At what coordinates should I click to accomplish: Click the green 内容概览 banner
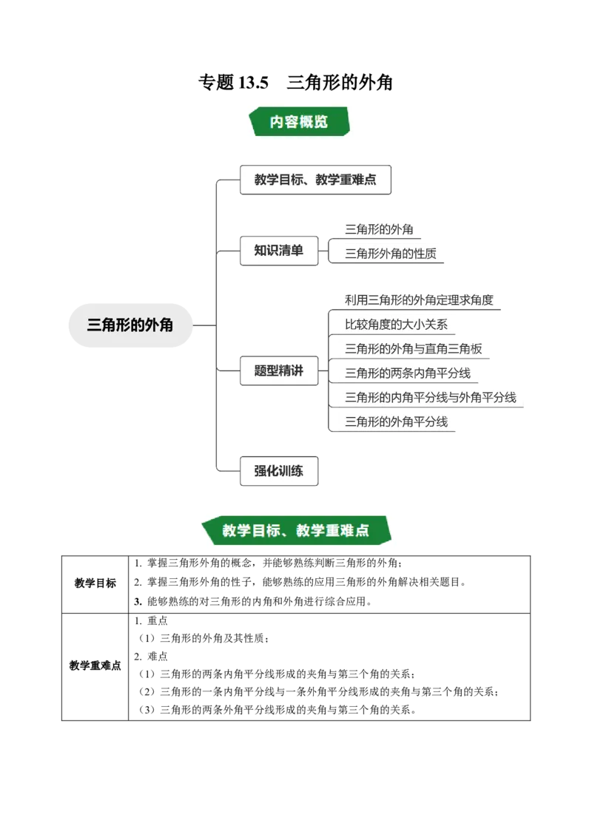point(298,122)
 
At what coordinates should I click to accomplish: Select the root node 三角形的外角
point(130,325)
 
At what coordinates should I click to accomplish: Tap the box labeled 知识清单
point(279,251)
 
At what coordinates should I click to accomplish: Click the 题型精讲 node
point(279,370)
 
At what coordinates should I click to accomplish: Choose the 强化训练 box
point(279,471)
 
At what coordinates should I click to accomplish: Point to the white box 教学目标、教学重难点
point(314,180)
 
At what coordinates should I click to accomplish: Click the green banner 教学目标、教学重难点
point(295,530)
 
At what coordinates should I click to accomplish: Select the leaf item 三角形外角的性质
point(391,254)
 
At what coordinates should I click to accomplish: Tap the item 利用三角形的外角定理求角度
point(419,299)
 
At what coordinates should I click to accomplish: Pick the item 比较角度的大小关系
point(396,324)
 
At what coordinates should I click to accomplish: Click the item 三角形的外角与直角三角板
point(414,348)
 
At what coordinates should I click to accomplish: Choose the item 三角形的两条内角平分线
point(408,373)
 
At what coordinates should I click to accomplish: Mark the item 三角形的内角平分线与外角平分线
point(431,397)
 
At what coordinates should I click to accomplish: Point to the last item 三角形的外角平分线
point(396,421)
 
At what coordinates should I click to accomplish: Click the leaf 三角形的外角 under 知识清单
point(379,229)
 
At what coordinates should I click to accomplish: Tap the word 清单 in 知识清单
point(291,251)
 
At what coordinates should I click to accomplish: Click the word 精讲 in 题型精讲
point(291,370)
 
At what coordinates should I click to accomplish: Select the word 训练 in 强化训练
point(291,471)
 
